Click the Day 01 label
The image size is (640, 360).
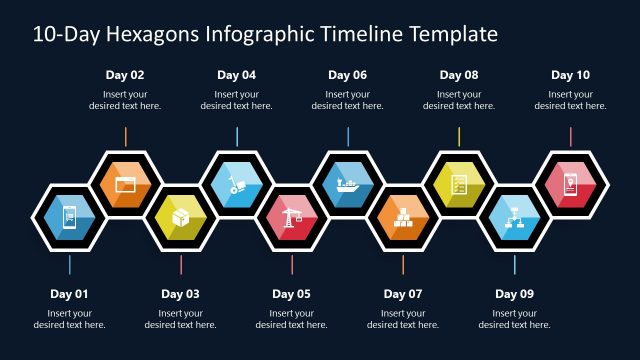pyautogui.click(x=69, y=294)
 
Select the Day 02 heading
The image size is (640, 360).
pyautogui.click(x=125, y=75)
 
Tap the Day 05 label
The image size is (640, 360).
pyautogui.click(x=291, y=294)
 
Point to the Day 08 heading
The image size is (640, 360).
pyautogui.click(x=459, y=75)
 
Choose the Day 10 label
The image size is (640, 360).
pyautogui.click(x=570, y=75)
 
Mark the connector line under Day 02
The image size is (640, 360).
pyautogui.click(x=126, y=136)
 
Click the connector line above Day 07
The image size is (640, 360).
pyautogui.click(x=403, y=265)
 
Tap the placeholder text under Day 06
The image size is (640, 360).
pyautogui.click(x=348, y=100)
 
